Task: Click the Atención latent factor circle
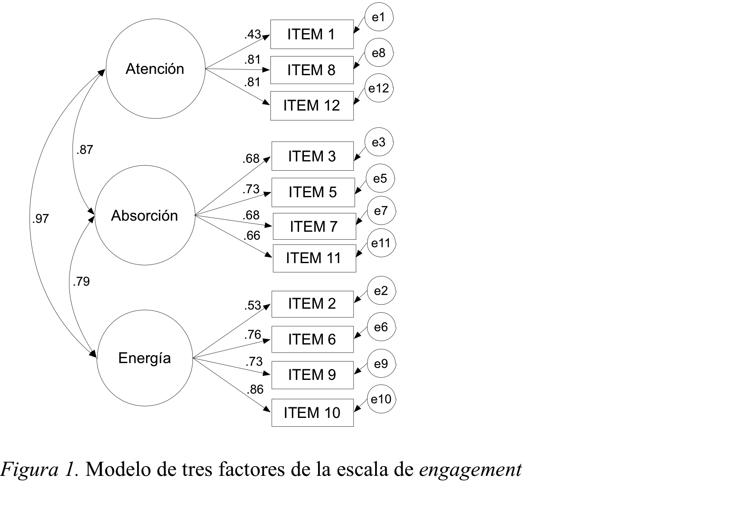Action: (155, 69)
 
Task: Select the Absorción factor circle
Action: (145, 216)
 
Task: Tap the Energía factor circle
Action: (145, 358)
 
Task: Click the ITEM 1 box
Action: (312, 34)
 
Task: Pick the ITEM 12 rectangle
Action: (312, 106)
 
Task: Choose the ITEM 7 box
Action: (314, 226)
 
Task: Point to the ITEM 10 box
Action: (312, 413)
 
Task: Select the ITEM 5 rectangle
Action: (313, 192)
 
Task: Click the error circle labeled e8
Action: (379, 54)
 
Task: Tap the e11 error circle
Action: (381, 243)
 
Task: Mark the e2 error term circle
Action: (381, 291)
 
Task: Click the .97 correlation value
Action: (40, 218)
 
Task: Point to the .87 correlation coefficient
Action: (84, 150)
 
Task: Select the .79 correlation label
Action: (81, 281)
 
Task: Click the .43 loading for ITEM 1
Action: (253, 34)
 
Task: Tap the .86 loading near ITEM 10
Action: (255, 389)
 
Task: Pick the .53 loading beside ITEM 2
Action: (253, 306)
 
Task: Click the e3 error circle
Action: (379, 142)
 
